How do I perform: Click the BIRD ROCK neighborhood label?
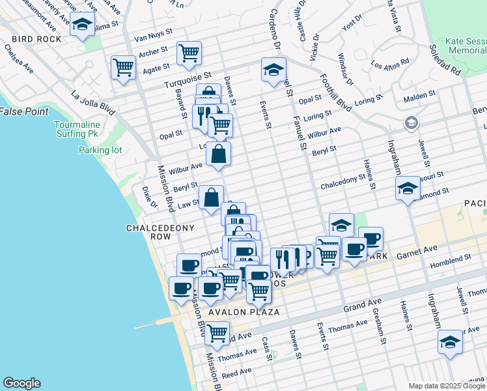[31, 39]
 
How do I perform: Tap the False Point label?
[24, 111]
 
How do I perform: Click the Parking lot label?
[100, 150]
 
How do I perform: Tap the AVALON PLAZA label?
[244, 312]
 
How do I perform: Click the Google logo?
[21, 383]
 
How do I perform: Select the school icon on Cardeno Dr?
[273, 69]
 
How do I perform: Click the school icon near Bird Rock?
[81, 25]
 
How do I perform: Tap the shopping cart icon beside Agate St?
[123, 67]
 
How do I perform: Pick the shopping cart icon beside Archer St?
[189, 53]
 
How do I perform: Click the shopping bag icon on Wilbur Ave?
[219, 154]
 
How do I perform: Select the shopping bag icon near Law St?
[212, 197]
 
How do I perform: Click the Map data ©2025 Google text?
[447, 385]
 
